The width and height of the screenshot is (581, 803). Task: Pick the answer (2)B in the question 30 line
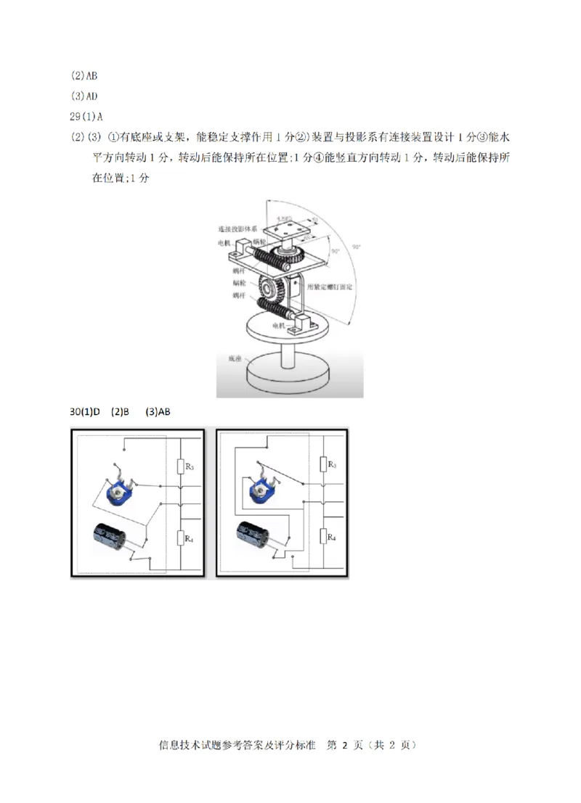coord(120,412)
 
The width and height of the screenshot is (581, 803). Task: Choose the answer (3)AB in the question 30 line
coord(158,412)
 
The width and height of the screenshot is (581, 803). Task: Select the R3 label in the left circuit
coord(189,466)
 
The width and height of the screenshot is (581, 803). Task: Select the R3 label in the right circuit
coord(331,463)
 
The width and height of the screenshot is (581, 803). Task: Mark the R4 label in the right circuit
coord(331,537)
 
